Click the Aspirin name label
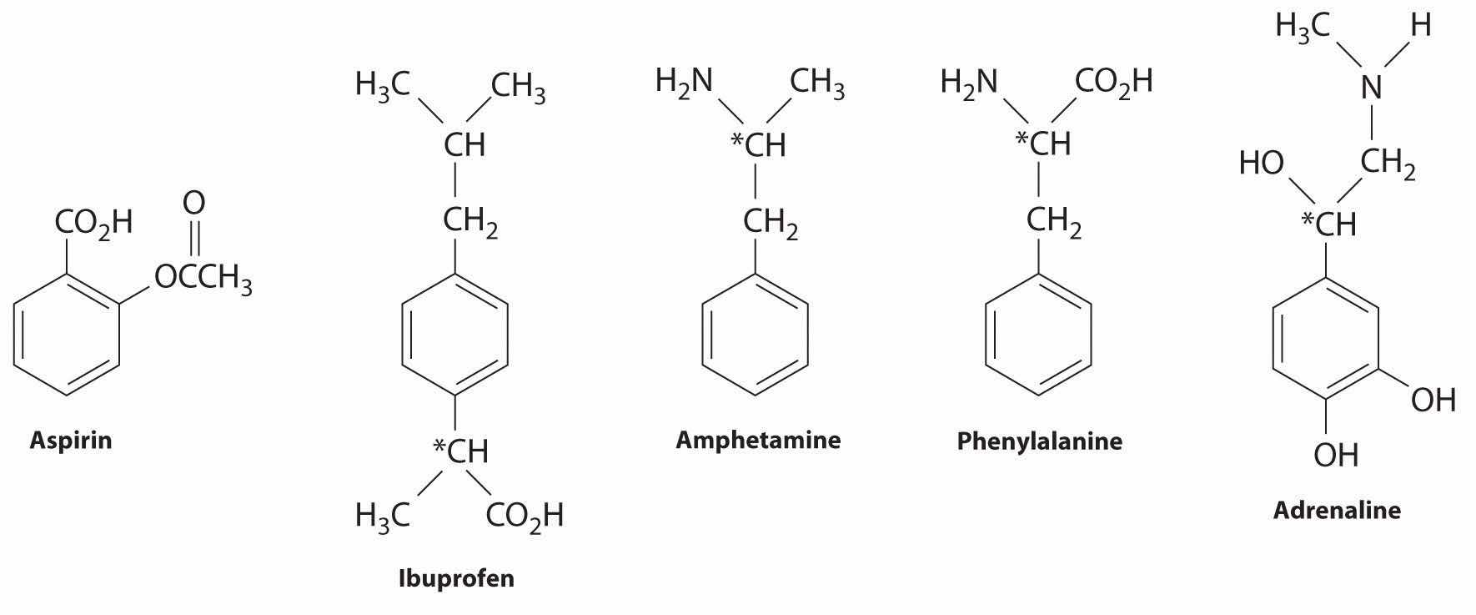click(71, 440)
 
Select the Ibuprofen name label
click(456, 577)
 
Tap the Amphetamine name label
click(758, 439)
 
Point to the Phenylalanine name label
click(1039, 440)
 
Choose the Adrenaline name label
click(1336, 509)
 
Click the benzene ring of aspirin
click(67, 334)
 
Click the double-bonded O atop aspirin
click(193, 203)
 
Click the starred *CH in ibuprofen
click(460, 451)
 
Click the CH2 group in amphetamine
click(770, 224)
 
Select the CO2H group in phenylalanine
click(1113, 82)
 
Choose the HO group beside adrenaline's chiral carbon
click(1261, 164)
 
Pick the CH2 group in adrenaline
click(1388, 164)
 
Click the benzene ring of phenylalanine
click(1038, 333)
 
